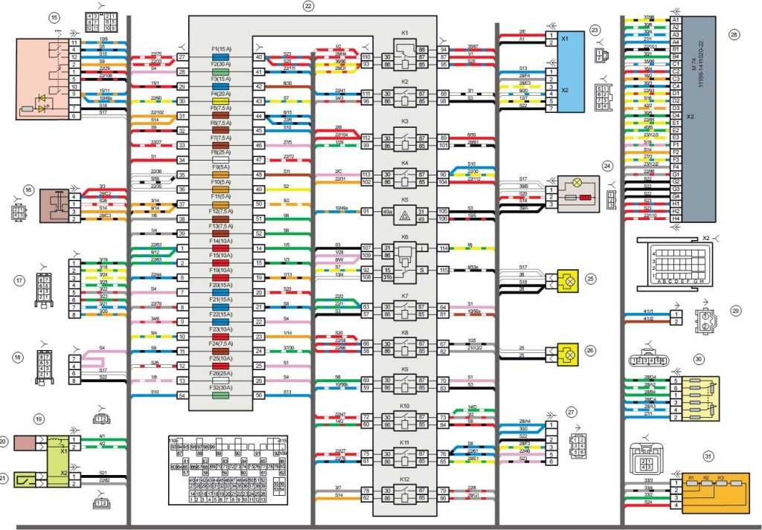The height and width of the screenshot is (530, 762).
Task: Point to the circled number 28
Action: tap(734, 34)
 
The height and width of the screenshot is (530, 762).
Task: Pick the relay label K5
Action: tap(405, 201)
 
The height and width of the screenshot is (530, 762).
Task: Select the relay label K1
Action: tap(405, 33)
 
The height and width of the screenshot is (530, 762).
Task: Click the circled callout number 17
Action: tap(20, 280)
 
